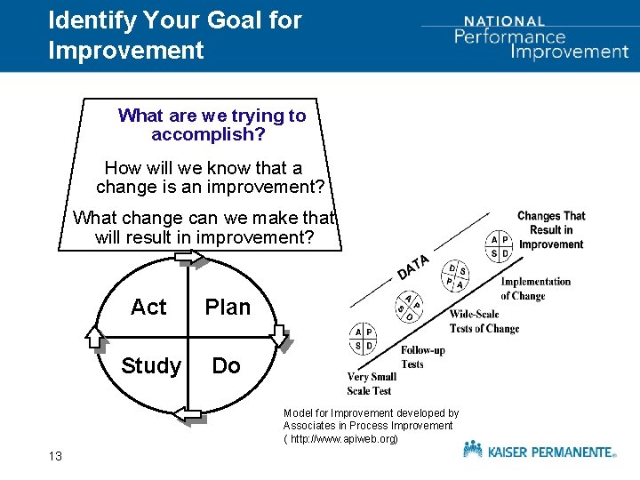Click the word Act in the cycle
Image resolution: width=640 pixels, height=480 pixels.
[x=148, y=308]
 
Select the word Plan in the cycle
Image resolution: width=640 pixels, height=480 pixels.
[x=228, y=308]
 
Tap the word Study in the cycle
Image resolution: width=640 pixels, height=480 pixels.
[x=151, y=366]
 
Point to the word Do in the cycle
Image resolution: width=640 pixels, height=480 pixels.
[x=226, y=366]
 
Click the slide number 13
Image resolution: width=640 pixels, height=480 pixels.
[x=55, y=456]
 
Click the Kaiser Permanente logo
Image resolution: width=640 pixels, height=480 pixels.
[x=539, y=451]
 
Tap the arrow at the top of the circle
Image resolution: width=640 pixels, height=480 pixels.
[x=189, y=259]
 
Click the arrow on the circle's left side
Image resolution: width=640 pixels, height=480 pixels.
[x=95, y=336]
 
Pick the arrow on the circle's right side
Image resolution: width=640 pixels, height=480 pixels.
[x=280, y=336]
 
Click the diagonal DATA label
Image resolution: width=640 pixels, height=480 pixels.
[x=413, y=266]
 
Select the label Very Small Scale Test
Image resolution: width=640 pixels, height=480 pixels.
[x=370, y=383]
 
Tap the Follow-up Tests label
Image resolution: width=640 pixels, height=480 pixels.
[x=423, y=356]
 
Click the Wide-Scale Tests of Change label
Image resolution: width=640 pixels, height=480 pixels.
[x=484, y=321]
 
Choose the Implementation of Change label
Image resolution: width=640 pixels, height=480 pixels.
[x=535, y=288]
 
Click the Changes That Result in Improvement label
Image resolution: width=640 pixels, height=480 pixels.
[x=551, y=229]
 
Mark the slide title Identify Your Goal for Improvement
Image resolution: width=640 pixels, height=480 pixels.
[x=174, y=35]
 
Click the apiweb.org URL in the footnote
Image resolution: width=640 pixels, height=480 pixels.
[x=343, y=439]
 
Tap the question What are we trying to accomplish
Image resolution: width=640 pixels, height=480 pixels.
[x=212, y=125]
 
